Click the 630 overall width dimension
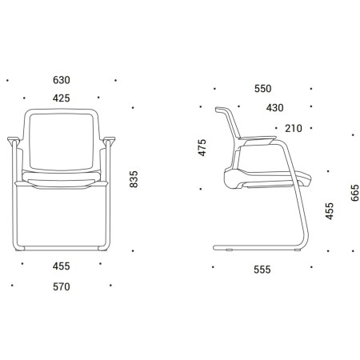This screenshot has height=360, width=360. (x=62, y=80)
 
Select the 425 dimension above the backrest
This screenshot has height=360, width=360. (x=62, y=98)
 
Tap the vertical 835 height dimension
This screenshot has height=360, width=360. (x=134, y=179)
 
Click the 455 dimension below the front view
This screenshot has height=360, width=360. (x=62, y=266)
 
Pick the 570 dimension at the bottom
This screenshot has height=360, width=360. (x=62, y=286)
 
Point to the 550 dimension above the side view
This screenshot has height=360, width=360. (x=263, y=89)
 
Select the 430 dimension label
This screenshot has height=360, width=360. (x=275, y=108)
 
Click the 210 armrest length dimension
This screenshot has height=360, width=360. (x=294, y=128)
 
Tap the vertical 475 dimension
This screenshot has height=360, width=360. (x=202, y=147)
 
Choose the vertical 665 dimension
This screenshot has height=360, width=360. (x=354, y=193)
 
